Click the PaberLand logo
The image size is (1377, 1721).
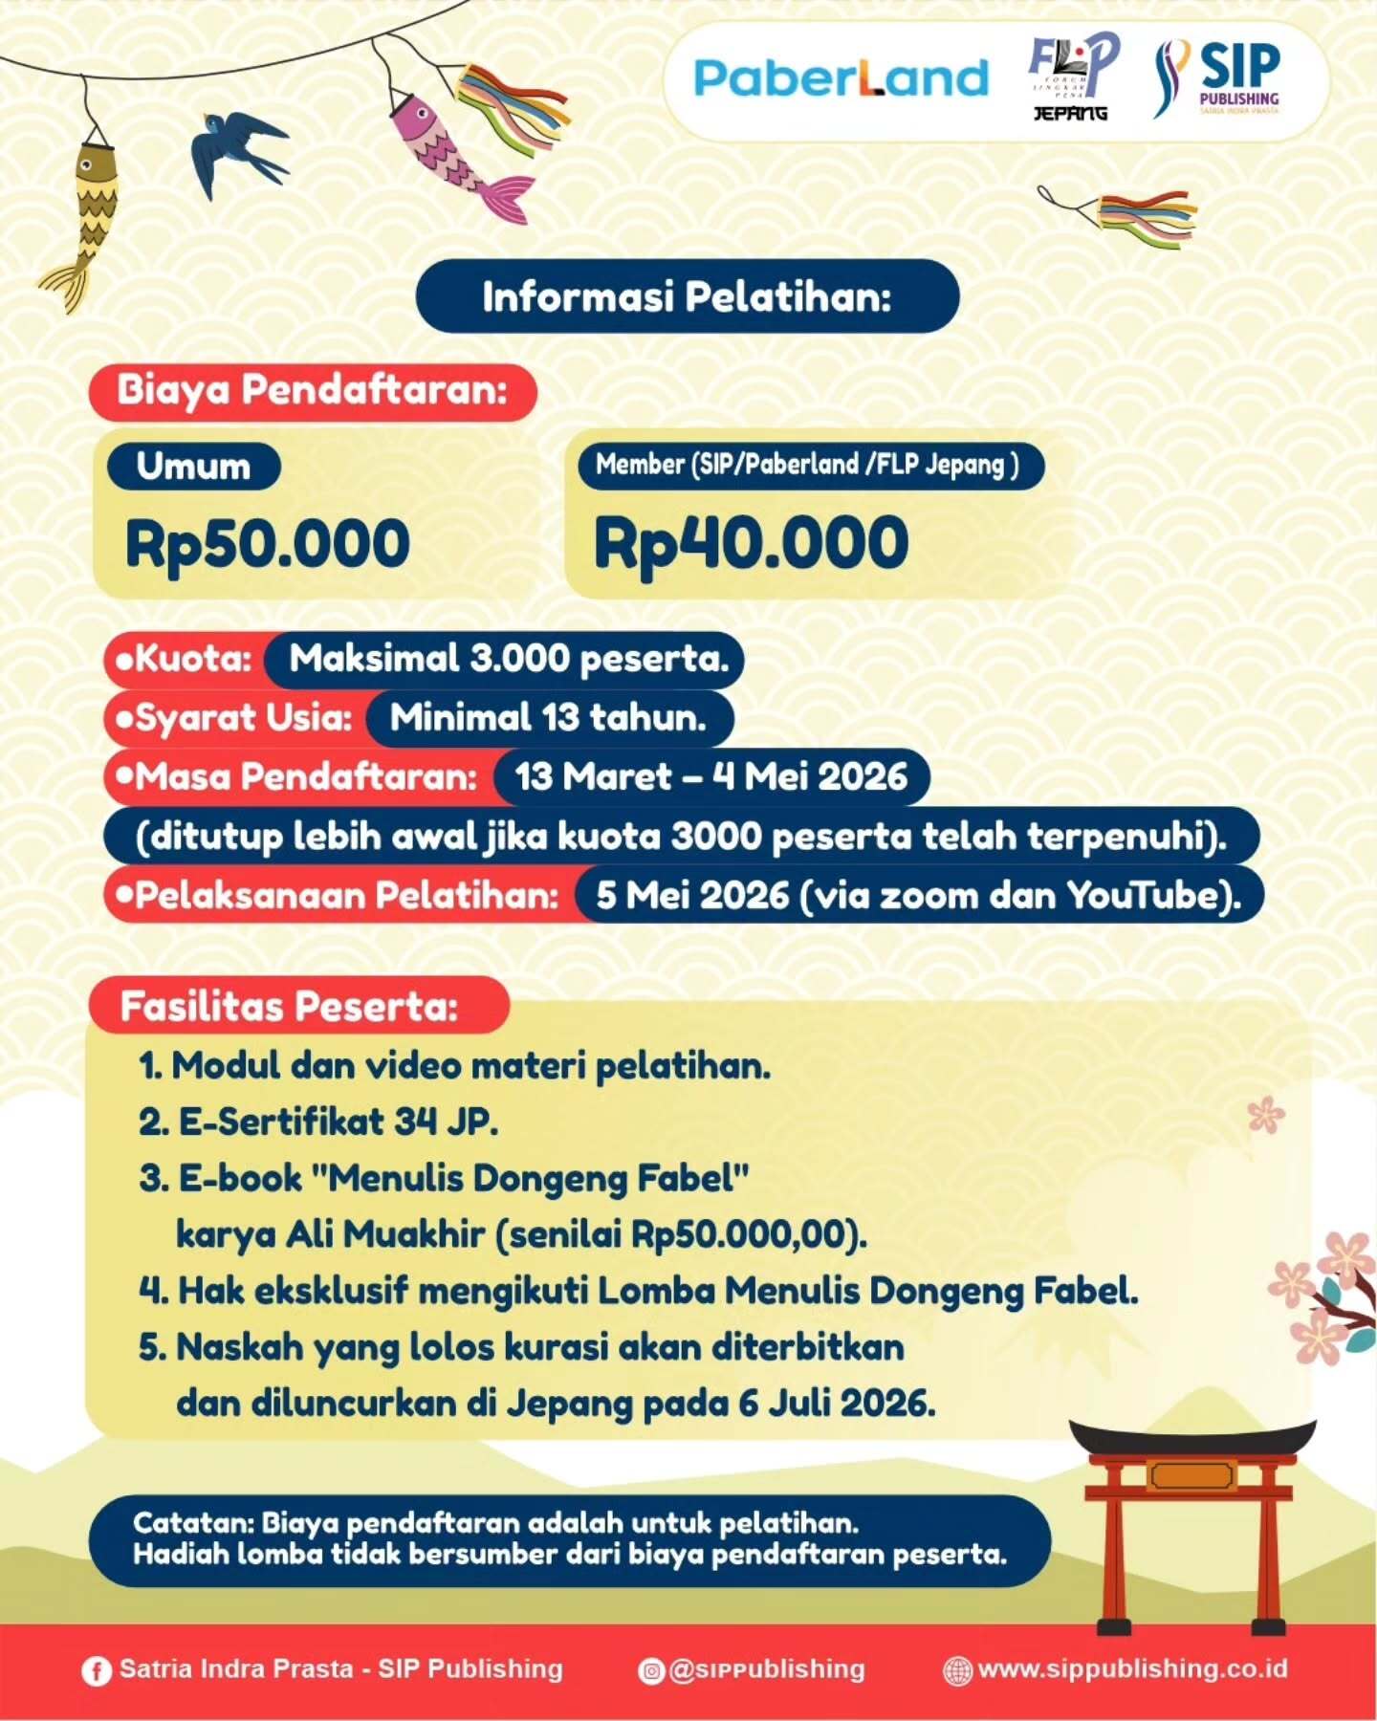[x=841, y=78]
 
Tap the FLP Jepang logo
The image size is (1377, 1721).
[x=1071, y=76]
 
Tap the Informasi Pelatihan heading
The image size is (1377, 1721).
[x=687, y=296]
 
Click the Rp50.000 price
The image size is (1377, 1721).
[x=268, y=543]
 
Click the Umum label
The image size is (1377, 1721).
[x=193, y=467]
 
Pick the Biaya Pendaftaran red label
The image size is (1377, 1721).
[x=312, y=391]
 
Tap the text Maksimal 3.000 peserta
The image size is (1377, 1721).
[x=509, y=659]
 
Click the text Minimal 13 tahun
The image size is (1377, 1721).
[x=548, y=718]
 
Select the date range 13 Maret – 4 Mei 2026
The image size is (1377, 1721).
[x=710, y=776]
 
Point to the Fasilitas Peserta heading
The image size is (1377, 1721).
[x=290, y=1006]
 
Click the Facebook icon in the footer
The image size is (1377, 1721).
[x=96, y=1670]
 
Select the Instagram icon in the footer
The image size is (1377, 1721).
[x=651, y=1670]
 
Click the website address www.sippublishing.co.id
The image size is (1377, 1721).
[x=1132, y=1669]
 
